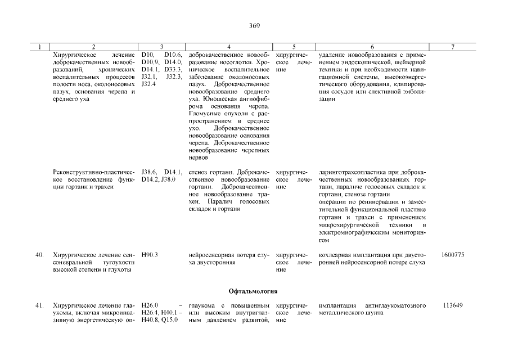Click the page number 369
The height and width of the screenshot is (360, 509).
point(254,25)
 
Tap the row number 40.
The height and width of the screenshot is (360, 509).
point(39,255)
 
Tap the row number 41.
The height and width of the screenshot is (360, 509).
point(39,305)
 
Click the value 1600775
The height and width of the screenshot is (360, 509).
point(453,255)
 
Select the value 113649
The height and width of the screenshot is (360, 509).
point(453,305)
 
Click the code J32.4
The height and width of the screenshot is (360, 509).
point(148,84)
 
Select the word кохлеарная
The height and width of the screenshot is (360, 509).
point(336,255)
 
